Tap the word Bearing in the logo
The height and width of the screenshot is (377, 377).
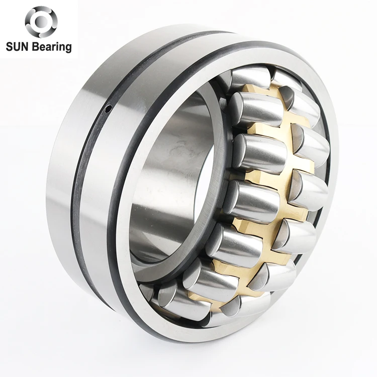[x=52, y=47]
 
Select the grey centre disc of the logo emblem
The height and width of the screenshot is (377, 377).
[x=41, y=21]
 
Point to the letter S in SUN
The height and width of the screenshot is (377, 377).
[x=9, y=46]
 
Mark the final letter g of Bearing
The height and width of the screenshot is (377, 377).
[x=68, y=48]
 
